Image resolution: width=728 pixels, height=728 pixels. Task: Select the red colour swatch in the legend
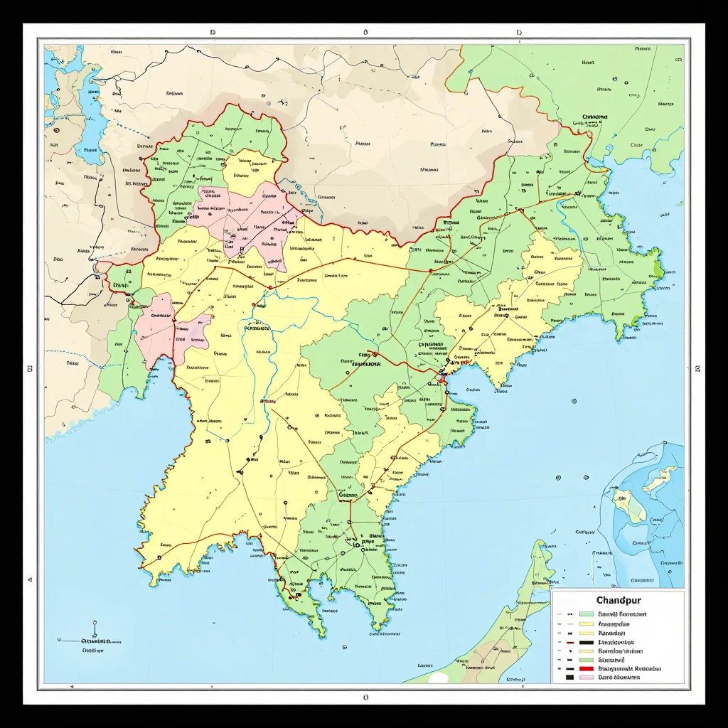pos(587,669)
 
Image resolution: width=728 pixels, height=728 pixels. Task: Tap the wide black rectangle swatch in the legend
pos(587,642)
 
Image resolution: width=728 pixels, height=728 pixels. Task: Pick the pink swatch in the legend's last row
pos(587,678)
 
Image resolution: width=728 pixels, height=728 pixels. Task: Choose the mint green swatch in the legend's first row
pos(587,614)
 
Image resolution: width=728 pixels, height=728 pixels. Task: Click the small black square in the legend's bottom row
pos(569,678)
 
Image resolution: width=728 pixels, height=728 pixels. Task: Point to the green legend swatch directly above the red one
pos(587,660)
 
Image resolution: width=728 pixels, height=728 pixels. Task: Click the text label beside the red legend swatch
pos(629,669)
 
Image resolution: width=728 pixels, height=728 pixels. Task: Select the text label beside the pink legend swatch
pos(619,678)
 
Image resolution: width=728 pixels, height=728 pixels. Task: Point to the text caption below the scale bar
pos(93,650)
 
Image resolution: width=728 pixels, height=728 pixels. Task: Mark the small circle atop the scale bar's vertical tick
pos(94,621)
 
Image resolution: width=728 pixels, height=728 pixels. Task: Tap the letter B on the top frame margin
pos(365,33)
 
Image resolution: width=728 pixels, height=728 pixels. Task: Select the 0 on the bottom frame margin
pos(365,697)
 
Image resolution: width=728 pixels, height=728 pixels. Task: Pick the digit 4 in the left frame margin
pos(30,580)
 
